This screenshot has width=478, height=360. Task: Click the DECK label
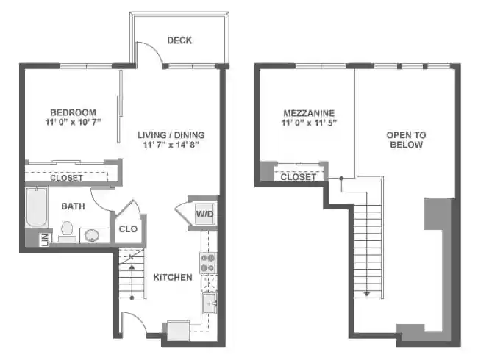click(x=179, y=40)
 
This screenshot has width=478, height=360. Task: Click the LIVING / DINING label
click(x=171, y=134)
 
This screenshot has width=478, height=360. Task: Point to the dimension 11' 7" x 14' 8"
click(x=171, y=145)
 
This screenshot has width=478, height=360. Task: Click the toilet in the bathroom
click(x=68, y=231)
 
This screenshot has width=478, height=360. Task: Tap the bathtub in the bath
click(x=35, y=209)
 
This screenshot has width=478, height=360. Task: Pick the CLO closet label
click(x=127, y=229)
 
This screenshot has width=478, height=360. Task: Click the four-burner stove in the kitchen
click(x=207, y=262)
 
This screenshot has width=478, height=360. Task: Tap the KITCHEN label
click(x=173, y=277)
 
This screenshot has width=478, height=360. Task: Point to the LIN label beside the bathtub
click(x=44, y=238)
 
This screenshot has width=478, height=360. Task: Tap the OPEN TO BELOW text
click(x=406, y=140)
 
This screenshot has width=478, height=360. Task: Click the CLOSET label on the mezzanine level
click(x=299, y=177)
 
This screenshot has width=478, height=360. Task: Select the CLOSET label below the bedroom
click(x=66, y=178)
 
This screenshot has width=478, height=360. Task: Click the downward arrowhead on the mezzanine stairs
click(x=365, y=294)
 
